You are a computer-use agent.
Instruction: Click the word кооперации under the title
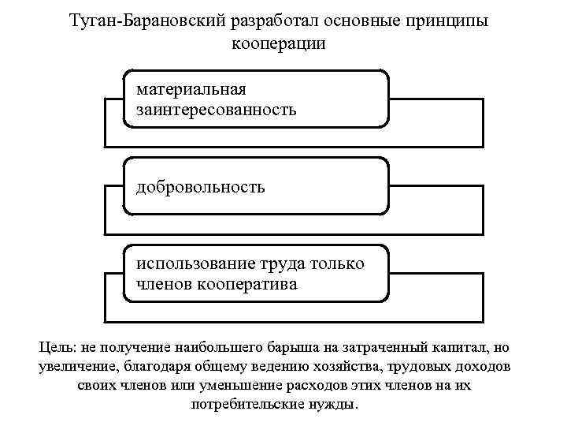(x=279, y=43)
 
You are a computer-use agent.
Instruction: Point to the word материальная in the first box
(x=191, y=90)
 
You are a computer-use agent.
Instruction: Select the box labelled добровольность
(x=256, y=186)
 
